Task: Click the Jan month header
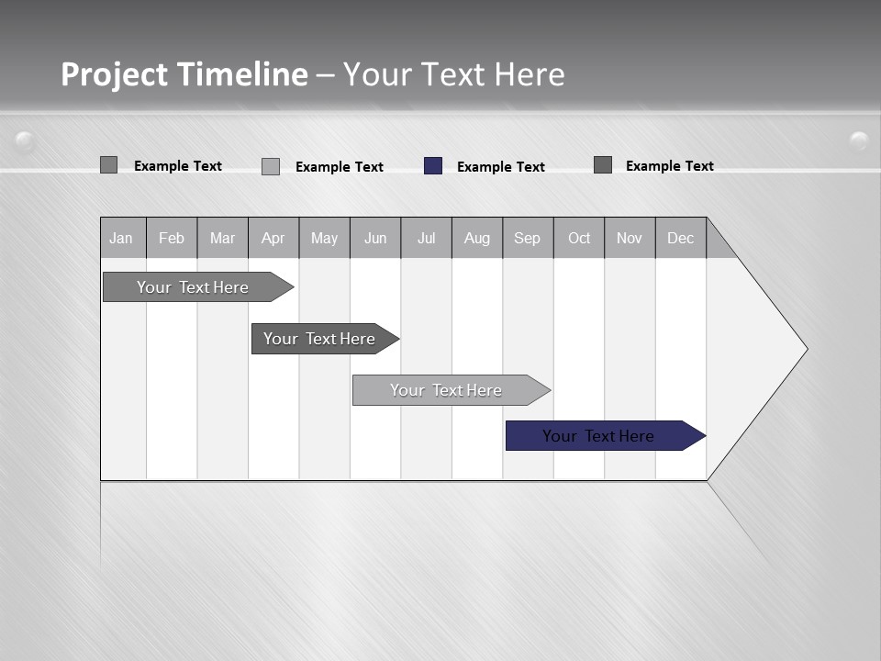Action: (x=121, y=238)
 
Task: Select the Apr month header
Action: (x=273, y=238)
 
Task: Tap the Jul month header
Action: (x=426, y=238)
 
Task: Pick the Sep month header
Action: (x=527, y=238)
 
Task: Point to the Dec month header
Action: (x=680, y=238)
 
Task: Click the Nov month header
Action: (x=629, y=238)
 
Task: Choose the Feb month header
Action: (x=172, y=238)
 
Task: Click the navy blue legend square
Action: (x=433, y=166)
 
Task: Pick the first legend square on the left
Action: (x=108, y=165)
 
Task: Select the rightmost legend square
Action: (x=603, y=165)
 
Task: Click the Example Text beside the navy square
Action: (x=500, y=167)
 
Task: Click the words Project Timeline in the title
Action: (x=184, y=74)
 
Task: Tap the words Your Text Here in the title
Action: (x=453, y=74)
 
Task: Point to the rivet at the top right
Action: (x=859, y=140)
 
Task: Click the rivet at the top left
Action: (x=25, y=140)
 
